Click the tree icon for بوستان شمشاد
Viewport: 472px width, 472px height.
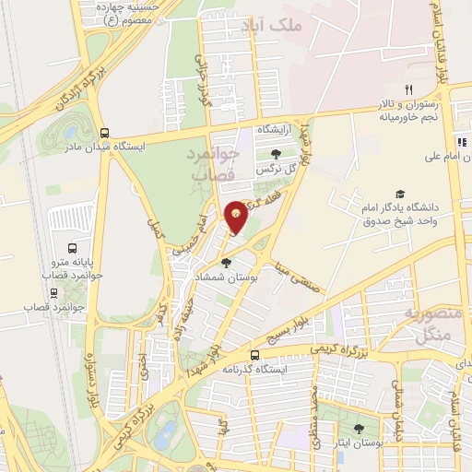click(x=226, y=263)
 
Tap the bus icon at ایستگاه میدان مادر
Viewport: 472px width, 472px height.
click(x=105, y=133)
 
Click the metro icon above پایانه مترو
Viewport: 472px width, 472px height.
click(x=73, y=249)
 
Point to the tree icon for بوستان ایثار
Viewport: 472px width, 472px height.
click(x=358, y=429)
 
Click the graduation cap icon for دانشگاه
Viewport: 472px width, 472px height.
click(x=400, y=194)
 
